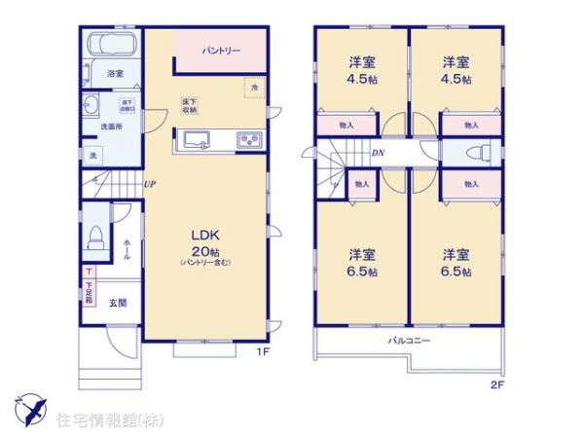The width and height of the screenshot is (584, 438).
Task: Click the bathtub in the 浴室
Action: [111, 45]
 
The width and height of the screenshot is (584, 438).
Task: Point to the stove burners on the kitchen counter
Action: [248, 139]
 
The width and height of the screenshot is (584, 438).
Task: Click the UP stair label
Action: [150, 184]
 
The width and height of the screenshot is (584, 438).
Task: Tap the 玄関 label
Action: [116, 303]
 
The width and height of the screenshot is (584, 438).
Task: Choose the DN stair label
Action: [376, 154]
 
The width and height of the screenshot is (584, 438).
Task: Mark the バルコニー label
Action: [410, 341]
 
